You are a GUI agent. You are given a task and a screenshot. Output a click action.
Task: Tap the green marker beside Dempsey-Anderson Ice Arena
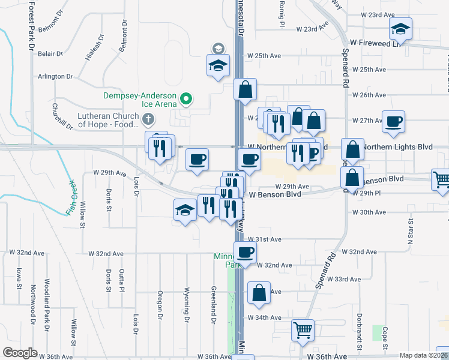186,99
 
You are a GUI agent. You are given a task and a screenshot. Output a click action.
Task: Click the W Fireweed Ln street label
375,43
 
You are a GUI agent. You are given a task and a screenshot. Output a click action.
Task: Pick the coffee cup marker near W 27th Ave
394,122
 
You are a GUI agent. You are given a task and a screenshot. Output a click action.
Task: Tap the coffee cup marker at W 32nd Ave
244,253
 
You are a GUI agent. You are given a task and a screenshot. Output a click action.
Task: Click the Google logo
20,353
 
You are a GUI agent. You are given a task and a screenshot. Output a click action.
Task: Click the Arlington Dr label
56,77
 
